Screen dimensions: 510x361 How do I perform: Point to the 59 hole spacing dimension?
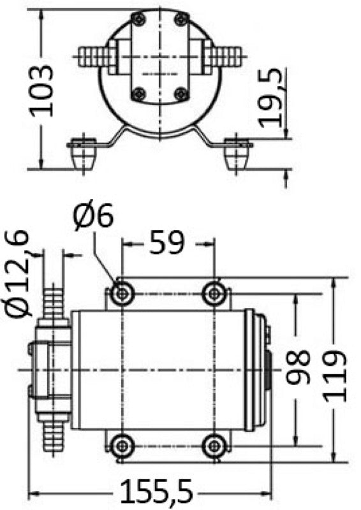(x=167, y=242)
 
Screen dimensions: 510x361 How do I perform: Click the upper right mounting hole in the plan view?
(x=214, y=293)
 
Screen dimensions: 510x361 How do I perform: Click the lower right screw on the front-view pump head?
(x=180, y=94)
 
